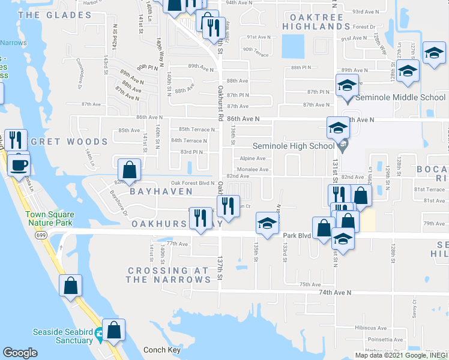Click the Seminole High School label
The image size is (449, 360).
coord(294,146)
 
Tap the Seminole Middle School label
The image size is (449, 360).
coord(400,97)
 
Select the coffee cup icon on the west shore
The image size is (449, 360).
coord(19,164)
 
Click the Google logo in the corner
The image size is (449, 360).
coord(20,352)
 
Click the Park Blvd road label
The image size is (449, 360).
coord(297,236)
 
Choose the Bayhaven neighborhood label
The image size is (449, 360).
coord(161,191)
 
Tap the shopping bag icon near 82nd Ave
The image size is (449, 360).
coord(129,170)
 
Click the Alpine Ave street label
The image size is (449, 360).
coord(253,158)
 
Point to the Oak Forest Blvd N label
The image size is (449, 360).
coord(193,183)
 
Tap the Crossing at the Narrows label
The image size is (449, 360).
coord(169,275)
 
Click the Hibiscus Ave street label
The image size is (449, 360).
coord(370,328)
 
